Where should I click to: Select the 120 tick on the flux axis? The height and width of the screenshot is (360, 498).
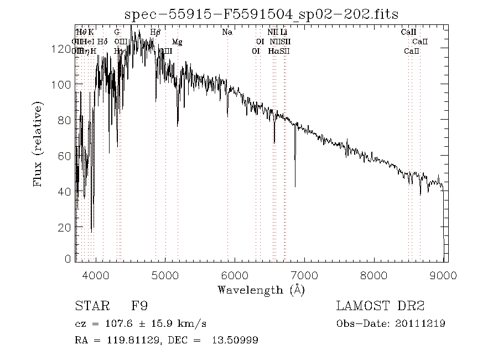(x=62, y=49)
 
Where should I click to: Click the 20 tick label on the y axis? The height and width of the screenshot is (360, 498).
(x=65, y=227)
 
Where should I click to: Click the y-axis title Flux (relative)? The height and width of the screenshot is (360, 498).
(x=39, y=144)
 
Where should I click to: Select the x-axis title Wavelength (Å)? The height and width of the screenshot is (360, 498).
(x=261, y=290)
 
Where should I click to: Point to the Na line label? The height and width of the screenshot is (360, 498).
(x=227, y=32)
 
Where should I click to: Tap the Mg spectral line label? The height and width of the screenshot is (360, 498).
(x=177, y=42)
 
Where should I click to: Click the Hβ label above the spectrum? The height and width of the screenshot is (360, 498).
(x=155, y=32)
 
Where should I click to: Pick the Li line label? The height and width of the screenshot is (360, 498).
(x=284, y=32)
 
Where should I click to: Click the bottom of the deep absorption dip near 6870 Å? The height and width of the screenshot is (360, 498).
(x=295, y=186)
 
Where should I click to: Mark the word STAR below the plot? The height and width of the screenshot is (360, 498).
(x=89, y=306)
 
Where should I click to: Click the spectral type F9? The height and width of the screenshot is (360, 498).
(x=139, y=306)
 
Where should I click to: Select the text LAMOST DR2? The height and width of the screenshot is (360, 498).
(x=380, y=306)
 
